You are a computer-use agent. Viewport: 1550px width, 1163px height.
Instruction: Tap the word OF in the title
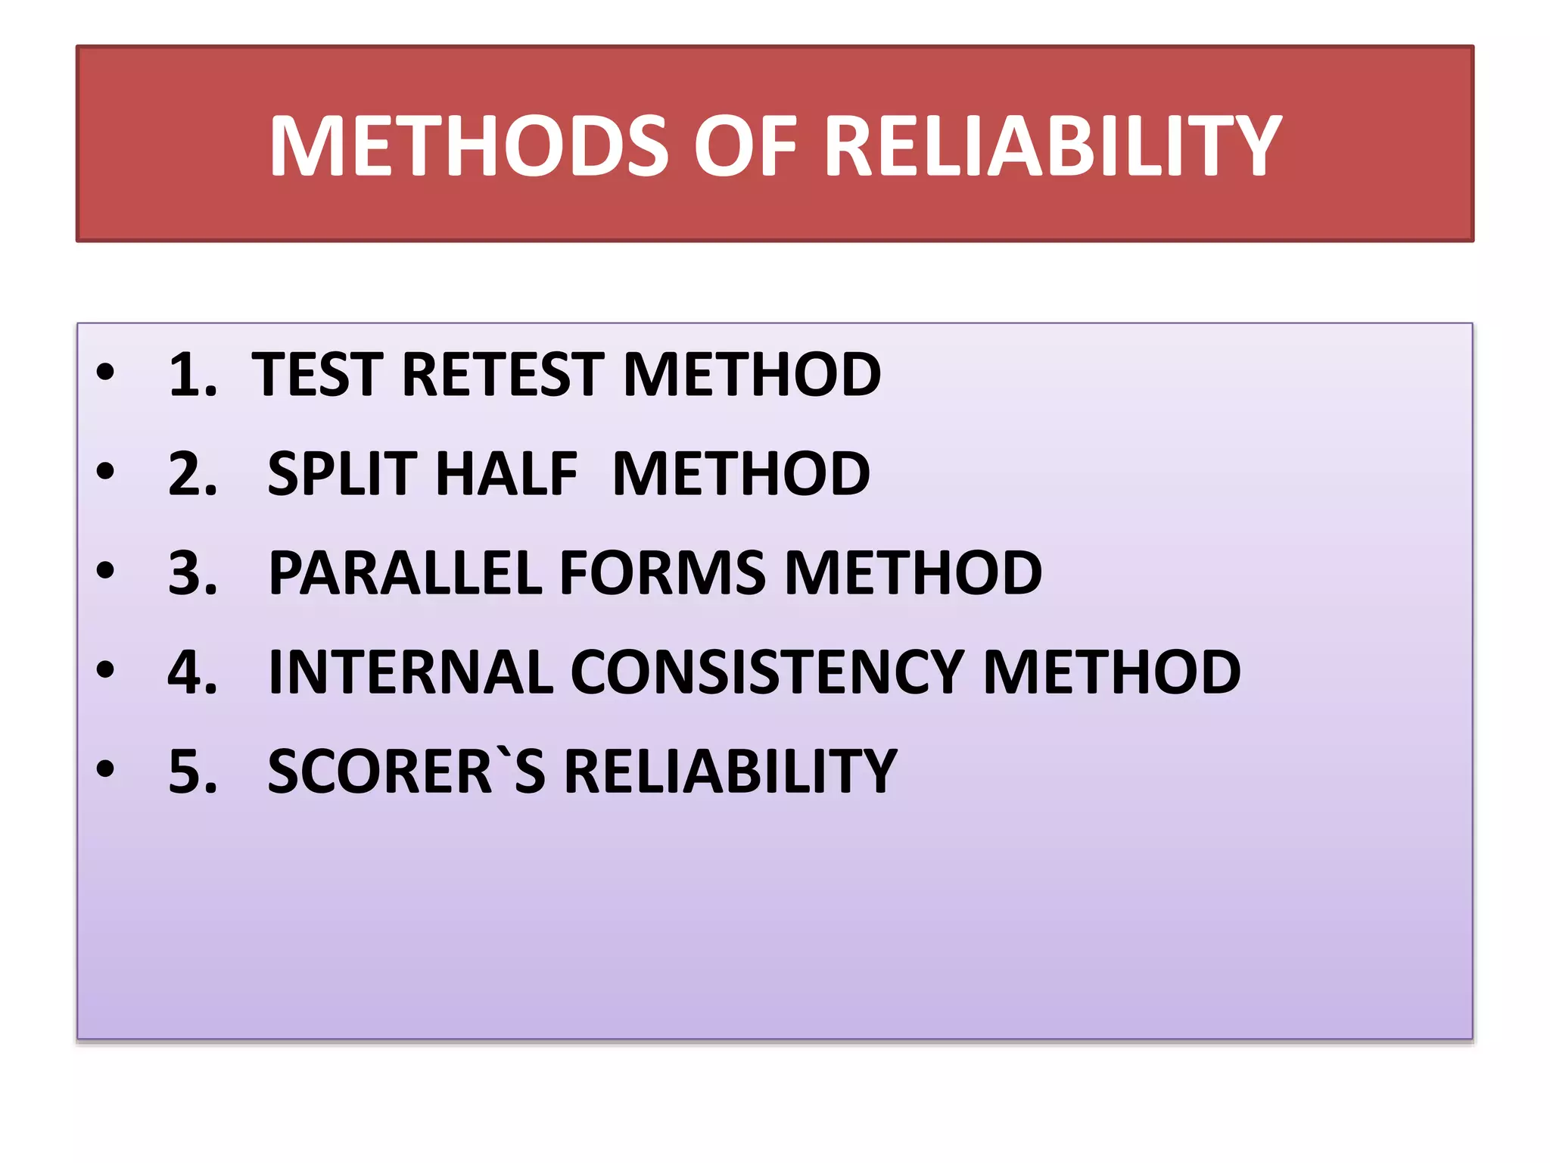[x=745, y=145]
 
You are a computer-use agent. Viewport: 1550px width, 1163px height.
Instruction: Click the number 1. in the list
[x=192, y=374]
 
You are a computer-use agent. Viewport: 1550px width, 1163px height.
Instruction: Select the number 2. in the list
[x=192, y=474]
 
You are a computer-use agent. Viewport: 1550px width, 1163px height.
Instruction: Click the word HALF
[x=506, y=474]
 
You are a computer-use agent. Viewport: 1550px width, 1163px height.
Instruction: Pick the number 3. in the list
[x=192, y=573]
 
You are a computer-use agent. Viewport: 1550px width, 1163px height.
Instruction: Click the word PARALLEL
[x=405, y=573]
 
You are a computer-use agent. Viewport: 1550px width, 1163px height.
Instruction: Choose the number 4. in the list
[x=192, y=672]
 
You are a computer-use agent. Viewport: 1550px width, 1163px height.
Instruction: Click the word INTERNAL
[x=411, y=672]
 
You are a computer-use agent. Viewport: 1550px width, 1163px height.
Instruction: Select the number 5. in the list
[x=192, y=772]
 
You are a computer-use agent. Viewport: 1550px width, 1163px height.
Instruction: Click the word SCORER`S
[x=406, y=772]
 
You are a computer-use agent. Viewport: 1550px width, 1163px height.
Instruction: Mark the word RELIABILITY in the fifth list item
[x=730, y=772]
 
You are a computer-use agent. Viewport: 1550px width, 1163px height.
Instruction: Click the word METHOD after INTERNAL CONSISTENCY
[x=1111, y=672]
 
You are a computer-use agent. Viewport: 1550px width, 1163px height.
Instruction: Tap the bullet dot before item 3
[x=105, y=570]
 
